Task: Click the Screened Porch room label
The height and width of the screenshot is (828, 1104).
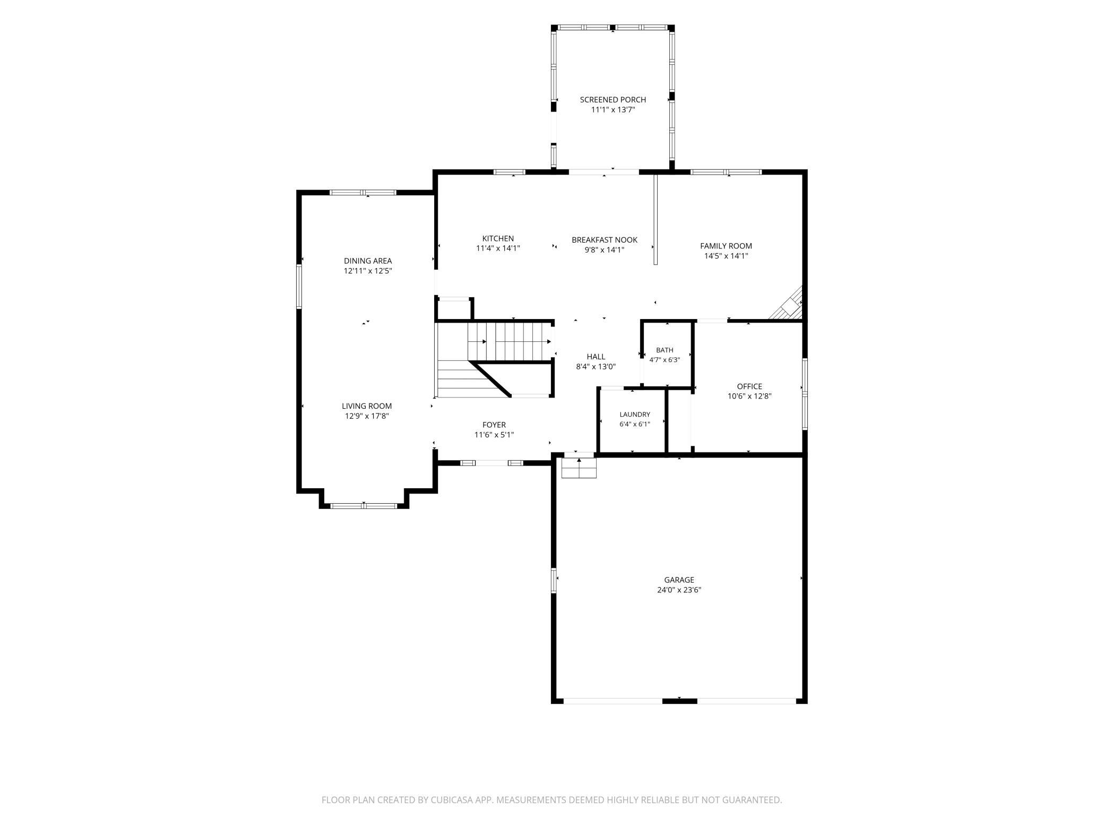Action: tap(613, 100)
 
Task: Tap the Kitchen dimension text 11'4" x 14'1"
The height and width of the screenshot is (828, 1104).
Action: tap(498, 248)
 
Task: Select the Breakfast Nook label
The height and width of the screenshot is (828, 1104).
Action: tap(605, 240)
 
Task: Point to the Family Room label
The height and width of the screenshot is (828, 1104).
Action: tap(726, 246)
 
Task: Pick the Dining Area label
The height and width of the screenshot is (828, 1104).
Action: tap(368, 261)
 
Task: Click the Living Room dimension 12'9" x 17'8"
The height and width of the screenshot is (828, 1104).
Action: tap(367, 416)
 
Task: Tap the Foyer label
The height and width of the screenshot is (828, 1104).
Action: tap(494, 425)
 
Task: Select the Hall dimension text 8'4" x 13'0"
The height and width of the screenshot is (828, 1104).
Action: tap(596, 366)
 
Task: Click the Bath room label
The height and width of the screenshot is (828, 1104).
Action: tap(665, 350)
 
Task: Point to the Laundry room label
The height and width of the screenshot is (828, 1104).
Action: tap(635, 415)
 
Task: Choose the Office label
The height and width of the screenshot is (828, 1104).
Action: tap(749, 386)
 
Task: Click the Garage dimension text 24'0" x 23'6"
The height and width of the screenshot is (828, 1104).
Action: tap(679, 590)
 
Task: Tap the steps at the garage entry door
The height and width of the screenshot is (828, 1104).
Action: tap(579, 468)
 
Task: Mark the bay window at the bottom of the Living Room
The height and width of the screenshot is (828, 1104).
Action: tap(364, 506)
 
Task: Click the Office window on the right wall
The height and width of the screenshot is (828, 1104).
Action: tap(805, 393)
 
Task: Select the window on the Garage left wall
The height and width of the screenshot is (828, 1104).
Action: tap(554, 580)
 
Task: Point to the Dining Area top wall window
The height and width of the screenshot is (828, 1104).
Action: tap(363, 192)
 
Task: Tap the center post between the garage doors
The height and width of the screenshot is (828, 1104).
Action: tap(679, 701)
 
